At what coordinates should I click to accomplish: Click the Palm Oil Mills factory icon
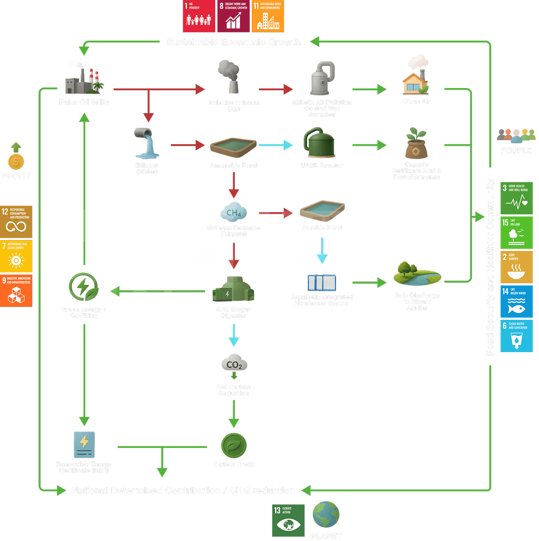pos(84,78)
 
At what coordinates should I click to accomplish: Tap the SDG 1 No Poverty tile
pos(199,16)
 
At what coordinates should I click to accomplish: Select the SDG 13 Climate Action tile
pos(288,520)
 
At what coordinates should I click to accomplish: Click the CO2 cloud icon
pos(234,364)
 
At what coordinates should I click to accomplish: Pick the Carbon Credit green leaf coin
pos(234,445)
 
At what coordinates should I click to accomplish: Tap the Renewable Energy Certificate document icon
pos(84,444)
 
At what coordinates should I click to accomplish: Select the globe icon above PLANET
pos(326,515)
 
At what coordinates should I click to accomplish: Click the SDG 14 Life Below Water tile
pos(516,302)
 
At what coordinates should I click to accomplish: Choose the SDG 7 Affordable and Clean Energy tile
pos(16,256)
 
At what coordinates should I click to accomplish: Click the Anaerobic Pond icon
pos(233,147)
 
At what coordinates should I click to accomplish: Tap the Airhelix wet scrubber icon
pos(322,78)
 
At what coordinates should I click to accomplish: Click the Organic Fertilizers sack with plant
pos(416,144)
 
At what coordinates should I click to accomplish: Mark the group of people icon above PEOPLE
pos(516,135)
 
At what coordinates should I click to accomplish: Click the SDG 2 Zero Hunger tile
pos(516,267)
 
